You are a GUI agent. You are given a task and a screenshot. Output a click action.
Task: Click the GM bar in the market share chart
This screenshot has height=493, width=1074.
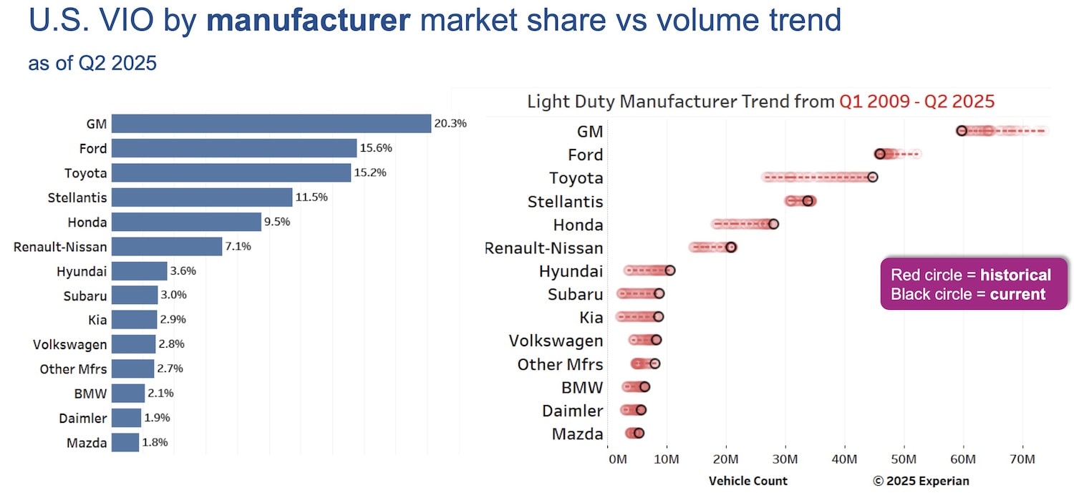(x=271, y=124)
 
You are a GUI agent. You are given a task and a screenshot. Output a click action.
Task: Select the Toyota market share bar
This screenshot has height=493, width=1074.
(x=231, y=172)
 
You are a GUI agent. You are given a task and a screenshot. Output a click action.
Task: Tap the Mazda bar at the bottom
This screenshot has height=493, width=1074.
(x=125, y=442)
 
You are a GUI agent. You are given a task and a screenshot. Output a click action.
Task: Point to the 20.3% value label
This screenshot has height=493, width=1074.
(x=450, y=124)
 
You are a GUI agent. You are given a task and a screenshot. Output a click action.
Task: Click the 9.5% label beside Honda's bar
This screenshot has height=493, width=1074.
(x=277, y=222)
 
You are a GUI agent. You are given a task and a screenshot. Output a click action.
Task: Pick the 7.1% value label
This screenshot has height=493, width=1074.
(x=238, y=247)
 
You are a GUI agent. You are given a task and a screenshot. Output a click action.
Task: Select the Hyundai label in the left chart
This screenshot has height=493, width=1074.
(x=82, y=271)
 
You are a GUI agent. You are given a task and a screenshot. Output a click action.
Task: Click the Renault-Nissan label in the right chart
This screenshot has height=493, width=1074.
(x=544, y=248)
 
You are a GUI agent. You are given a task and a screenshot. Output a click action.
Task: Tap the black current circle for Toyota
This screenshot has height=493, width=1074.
(x=872, y=177)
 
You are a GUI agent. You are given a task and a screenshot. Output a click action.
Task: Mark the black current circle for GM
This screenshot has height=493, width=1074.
(x=962, y=131)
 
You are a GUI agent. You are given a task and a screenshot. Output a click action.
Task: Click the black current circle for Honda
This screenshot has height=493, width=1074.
(x=773, y=224)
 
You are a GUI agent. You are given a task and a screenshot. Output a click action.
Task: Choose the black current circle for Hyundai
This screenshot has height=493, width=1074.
(x=670, y=270)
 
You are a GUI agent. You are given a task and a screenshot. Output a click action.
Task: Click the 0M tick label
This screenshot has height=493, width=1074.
(x=617, y=458)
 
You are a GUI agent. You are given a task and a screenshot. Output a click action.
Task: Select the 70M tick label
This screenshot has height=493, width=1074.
(x=1022, y=458)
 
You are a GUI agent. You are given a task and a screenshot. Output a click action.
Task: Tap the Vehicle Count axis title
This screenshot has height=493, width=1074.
(x=748, y=481)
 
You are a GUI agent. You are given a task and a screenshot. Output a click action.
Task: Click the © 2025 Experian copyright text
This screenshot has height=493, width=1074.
(x=920, y=481)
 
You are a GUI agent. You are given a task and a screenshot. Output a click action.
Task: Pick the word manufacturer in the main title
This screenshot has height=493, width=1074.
(x=309, y=20)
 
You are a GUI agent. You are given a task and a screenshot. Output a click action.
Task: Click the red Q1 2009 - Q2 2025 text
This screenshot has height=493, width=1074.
(x=916, y=101)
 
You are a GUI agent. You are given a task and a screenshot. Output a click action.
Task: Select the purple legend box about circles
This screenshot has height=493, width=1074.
(x=973, y=284)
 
